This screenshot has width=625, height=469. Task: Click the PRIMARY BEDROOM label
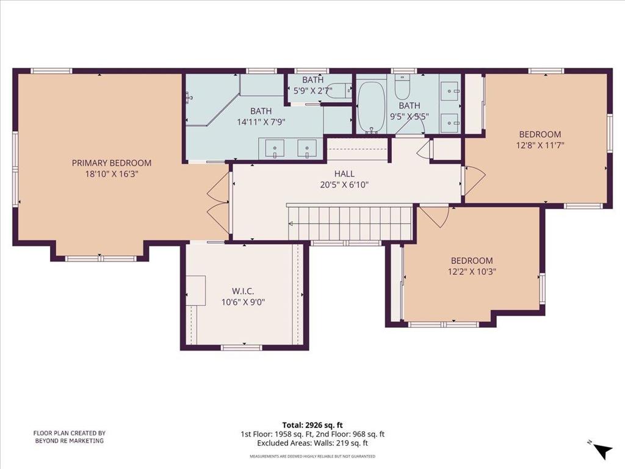pyautogui.click(x=112, y=163)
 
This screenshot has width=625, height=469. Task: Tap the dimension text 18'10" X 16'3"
pyautogui.click(x=112, y=173)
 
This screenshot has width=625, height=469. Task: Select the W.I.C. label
pyautogui.click(x=243, y=291)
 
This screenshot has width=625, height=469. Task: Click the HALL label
pyautogui.click(x=344, y=174)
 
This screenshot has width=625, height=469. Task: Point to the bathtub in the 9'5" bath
pyautogui.click(x=370, y=107)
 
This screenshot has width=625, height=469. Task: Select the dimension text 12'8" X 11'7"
pyautogui.click(x=540, y=145)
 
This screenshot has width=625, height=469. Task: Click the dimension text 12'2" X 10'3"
pyautogui.click(x=472, y=272)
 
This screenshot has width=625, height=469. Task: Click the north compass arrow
pyautogui.click(x=602, y=451)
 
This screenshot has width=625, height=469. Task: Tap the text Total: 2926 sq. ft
pyautogui.click(x=312, y=424)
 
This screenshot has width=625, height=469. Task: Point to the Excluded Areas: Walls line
pyautogui.click(x=312, y=443)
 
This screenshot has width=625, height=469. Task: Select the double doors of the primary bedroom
pyautogui.click(x=218, y=203)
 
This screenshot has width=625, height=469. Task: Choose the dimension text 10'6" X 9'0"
pyautogui.click(x=243, y=302)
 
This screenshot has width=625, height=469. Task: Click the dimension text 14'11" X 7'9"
pyautogui.click(x=261, y=121)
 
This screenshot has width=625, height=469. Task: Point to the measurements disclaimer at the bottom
pyautogui.click(x=312, y=456)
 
